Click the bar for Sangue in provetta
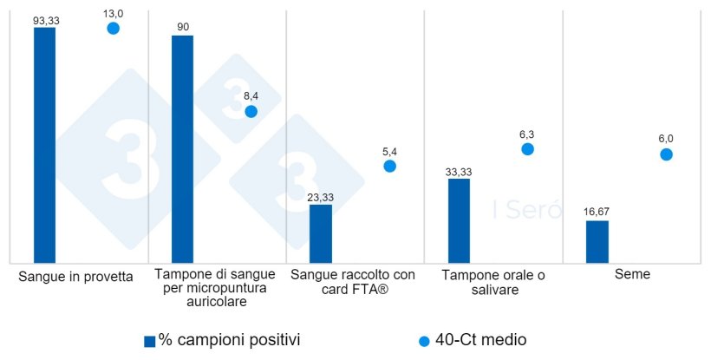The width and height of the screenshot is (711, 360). [x=44, y=145]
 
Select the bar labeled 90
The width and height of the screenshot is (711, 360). [x=182, y=149]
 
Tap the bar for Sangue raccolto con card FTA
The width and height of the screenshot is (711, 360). [x=321, y=233]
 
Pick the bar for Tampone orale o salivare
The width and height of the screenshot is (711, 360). [x=459, y=220]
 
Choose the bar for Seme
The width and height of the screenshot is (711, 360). [x=597, y=241]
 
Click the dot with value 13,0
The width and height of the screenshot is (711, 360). [x=113, y=29]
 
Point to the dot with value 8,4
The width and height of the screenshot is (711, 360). [x=251, y=111]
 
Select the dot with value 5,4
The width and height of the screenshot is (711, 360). [x=389, y=166]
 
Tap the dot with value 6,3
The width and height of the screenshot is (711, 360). [x=527, y=149]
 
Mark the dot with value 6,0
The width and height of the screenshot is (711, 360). [x=666, y=154]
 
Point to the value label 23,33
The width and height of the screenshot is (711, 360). [x=321, y=197]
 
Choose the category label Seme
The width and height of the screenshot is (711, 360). [x=632, y=274]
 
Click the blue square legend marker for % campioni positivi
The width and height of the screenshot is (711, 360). [x=149, y=341]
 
